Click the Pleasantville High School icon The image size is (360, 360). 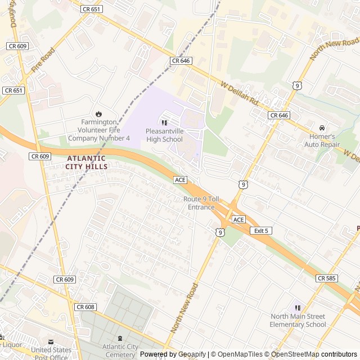(x=164, y=123)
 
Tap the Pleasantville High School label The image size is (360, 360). (x=164, y=136)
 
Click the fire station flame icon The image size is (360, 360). (x=99, y=114)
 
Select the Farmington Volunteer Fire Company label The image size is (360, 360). (x=99, y=130)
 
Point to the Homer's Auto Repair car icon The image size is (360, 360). (x=322, y=128)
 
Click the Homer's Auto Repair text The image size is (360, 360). (x=322, y=140)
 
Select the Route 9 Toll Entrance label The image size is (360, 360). (x=199, y=203)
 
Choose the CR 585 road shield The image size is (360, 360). (x=327, y=278)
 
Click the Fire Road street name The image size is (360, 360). (x=44, y=60)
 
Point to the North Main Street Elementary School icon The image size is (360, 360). (x=298, y=308)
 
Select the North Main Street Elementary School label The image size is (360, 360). (x=298, y=320)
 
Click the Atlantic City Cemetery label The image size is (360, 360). (x=119, y=350)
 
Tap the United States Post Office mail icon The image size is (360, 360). (x=51, y=341)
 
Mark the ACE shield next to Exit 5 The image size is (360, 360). (x=238, y=219)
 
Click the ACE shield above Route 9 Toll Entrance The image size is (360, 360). (x=180, y=179)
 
